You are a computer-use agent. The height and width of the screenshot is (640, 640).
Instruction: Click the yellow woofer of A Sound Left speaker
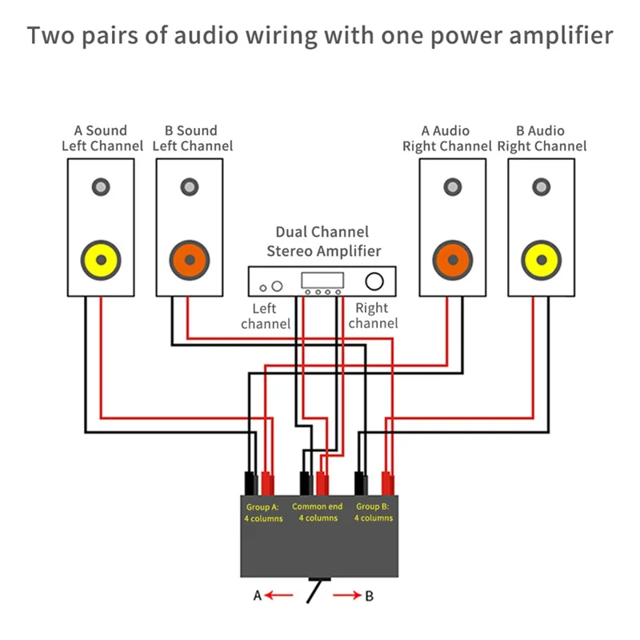[x=101, y=261]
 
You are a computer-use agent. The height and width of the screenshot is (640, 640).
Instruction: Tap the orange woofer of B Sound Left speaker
[x=190, y=261]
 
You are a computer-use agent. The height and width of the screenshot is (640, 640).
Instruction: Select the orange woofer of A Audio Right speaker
[x=453, y=261]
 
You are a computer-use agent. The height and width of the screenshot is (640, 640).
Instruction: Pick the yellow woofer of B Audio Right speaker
[x=542, y=261]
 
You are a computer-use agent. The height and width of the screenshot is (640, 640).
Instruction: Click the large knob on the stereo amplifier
[x=374, y=281]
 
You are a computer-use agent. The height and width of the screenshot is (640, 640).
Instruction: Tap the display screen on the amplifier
[x=322, y=280]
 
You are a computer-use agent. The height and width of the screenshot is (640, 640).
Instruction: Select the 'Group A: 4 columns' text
[x=263, y=512]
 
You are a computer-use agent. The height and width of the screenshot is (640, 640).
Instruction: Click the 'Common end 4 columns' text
[x=318, y=512]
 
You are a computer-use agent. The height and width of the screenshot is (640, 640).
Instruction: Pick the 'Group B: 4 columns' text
[x=373, y=512]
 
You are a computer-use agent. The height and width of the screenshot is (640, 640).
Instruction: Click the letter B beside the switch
[x=369, y=596]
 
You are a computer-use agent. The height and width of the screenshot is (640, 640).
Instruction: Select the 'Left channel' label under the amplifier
[x=265, y=316]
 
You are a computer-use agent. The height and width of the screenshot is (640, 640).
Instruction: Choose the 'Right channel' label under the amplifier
[x=372, y=316]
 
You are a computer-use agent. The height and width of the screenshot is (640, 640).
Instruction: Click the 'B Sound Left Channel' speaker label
[x=193, y=138]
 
